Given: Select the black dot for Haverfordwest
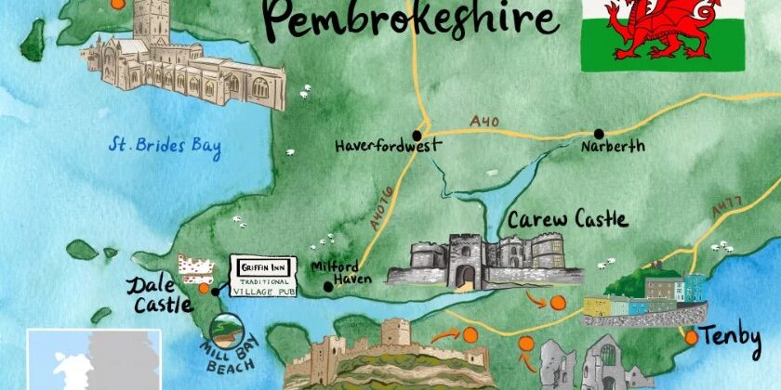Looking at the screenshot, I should pos(417,135).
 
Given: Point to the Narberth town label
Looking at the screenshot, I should pos(611,147).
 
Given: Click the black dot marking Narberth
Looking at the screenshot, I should pos(600,134).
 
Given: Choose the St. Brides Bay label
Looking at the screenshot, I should pos(165,146).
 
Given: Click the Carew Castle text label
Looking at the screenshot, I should pos(567,221).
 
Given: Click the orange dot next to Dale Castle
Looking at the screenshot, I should pos(205,288).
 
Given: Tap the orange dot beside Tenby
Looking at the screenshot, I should pos(691,338).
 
